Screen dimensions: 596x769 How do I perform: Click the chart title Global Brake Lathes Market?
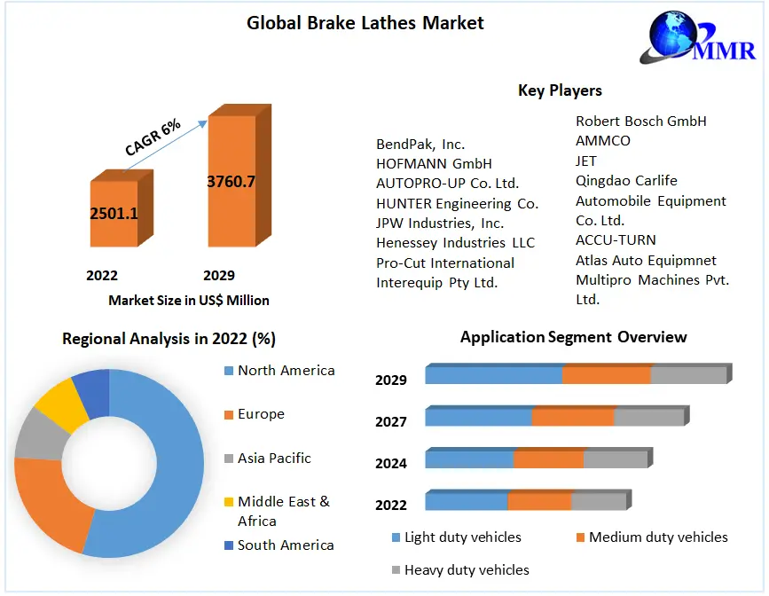click(365, 23)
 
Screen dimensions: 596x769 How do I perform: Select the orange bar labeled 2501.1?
click(114, 213)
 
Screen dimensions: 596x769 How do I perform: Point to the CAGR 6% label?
click(153, 137)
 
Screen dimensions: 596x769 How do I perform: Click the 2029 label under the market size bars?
click(219, 275)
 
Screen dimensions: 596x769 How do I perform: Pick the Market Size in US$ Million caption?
click(189, 300)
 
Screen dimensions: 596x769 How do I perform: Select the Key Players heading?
click(560, 90)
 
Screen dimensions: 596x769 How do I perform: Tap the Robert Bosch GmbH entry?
click(640, 121)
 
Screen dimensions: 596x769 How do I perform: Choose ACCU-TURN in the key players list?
click(616, 240)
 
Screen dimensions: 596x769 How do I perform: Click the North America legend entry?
click(286, 371)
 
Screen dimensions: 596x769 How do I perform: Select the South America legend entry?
click(285, 545)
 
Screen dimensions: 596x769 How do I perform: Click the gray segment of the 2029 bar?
click(688, 375)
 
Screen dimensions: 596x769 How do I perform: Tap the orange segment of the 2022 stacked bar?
click(539, 502)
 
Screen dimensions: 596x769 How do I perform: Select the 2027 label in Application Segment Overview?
click(390, 421)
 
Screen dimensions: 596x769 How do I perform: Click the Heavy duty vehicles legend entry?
click(466, 569)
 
